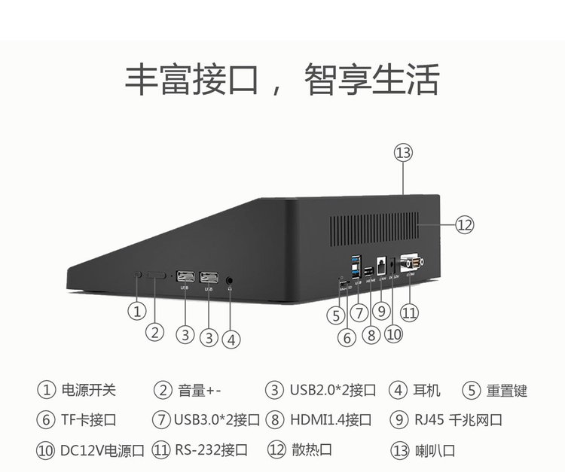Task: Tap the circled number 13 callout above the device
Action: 404,153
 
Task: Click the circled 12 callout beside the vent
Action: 465,224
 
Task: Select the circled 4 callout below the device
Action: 232,340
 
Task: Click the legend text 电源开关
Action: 90,390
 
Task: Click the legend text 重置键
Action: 506,390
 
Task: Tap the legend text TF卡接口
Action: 90,419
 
